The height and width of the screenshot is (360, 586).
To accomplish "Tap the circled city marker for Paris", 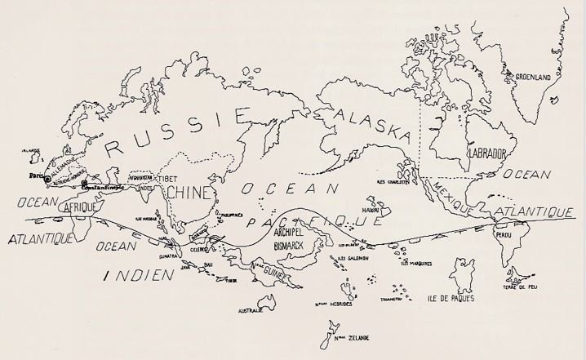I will [x=47, y=178].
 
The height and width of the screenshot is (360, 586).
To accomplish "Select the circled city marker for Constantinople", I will [x=85, y=184].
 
